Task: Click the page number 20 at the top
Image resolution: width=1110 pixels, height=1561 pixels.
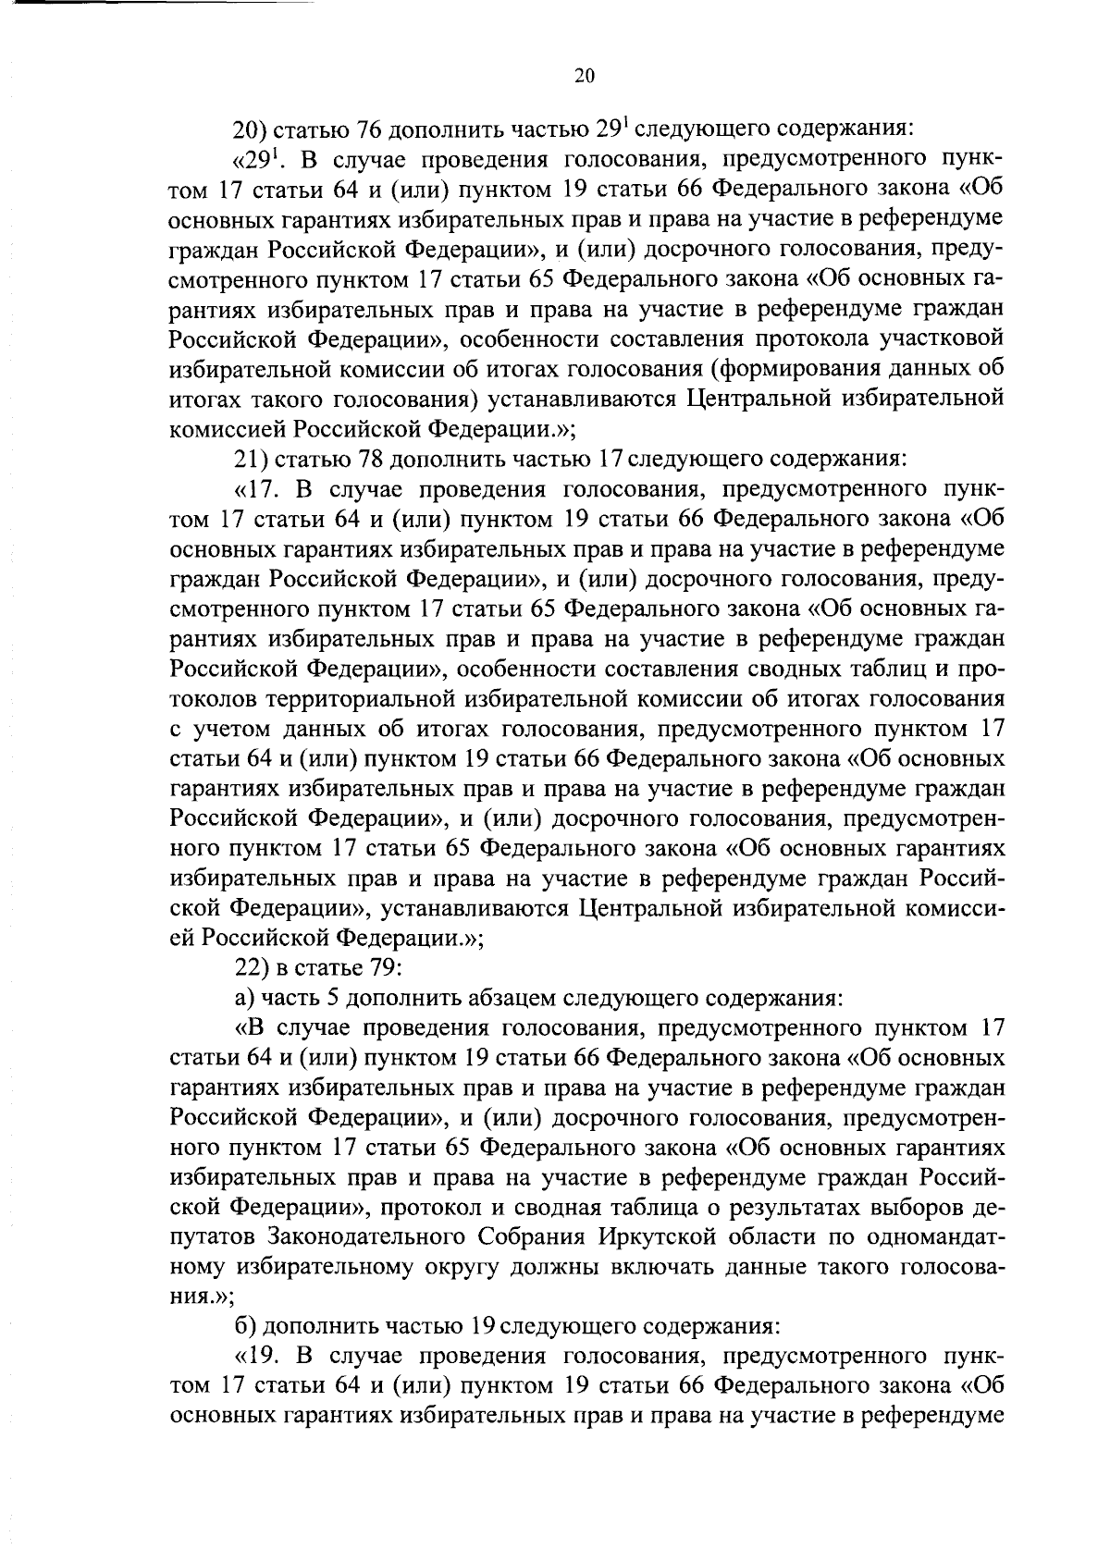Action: point(584,78)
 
